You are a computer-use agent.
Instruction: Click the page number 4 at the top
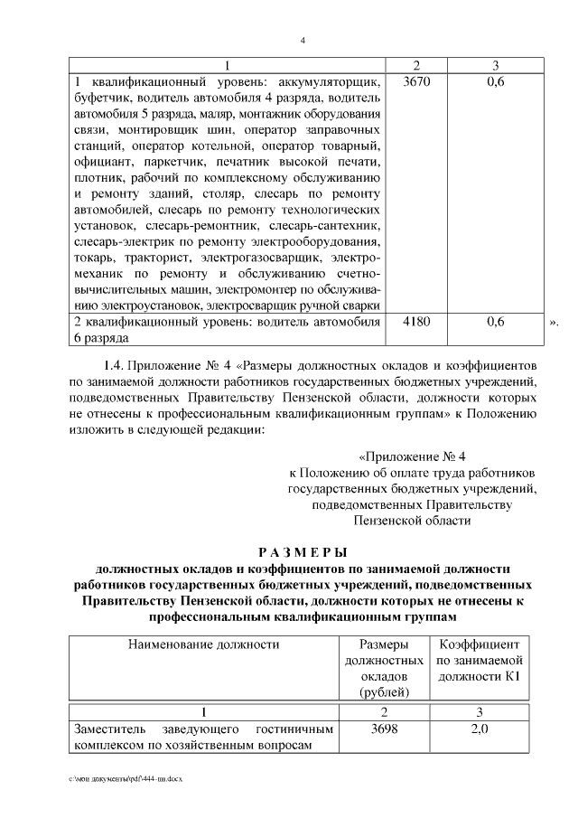click(303, 40)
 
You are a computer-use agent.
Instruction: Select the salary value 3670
click(416, 82)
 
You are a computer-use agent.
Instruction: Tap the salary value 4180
click(416, 322)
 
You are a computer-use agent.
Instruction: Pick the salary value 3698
click(384, 729)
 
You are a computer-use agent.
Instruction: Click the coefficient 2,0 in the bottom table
click(480, 729)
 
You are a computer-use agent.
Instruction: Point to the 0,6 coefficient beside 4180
click(495, 322)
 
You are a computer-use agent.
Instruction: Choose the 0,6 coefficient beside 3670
click(495, 82)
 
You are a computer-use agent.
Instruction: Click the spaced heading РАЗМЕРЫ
click(303, 552)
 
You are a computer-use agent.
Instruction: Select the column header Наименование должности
click(203, 644)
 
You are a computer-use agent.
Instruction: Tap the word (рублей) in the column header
click(384, 692)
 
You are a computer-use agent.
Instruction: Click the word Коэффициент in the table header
click(480, 644)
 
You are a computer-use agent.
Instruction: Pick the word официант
click(99, 163)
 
